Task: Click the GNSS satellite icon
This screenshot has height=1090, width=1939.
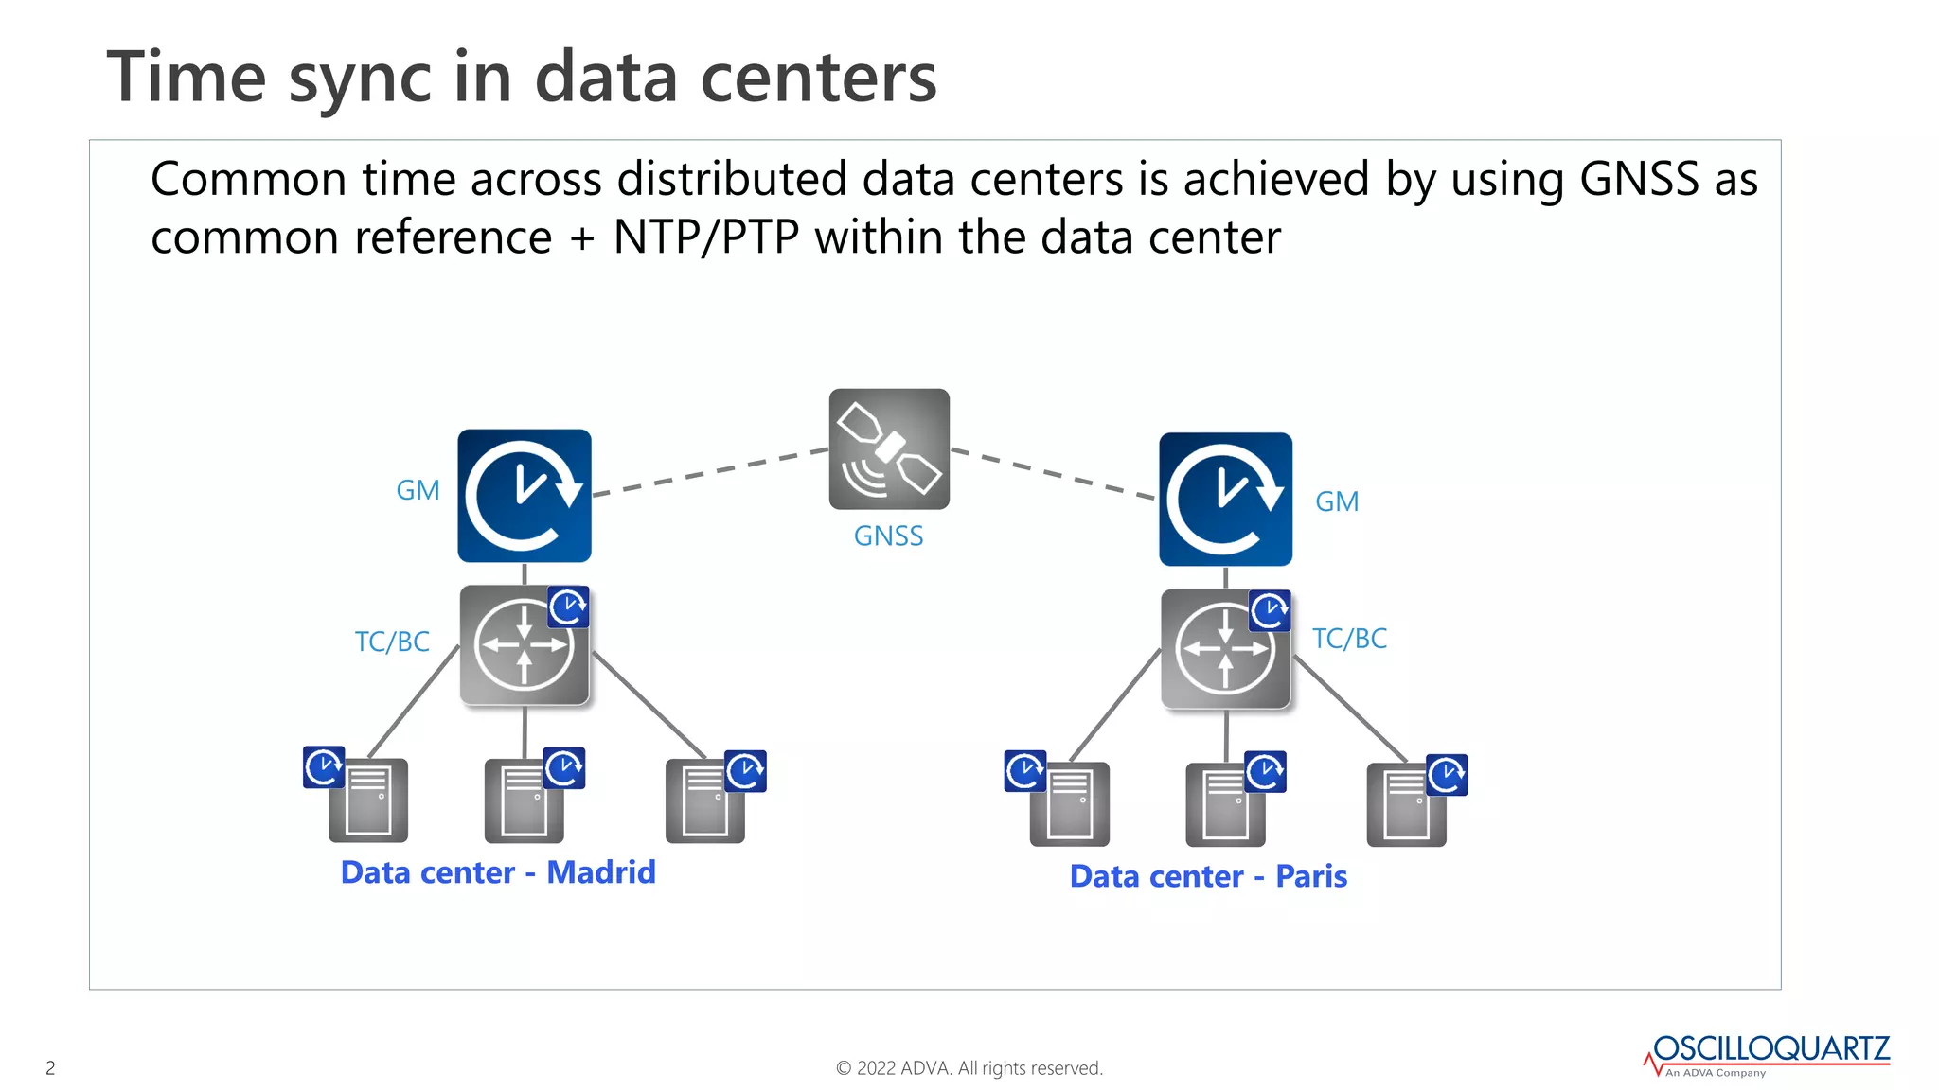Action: pos(889,448)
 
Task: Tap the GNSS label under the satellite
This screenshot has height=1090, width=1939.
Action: pos(888,536)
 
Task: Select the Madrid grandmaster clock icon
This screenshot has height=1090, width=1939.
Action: pos(525,496)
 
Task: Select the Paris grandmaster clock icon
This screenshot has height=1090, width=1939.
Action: pos(1225,500)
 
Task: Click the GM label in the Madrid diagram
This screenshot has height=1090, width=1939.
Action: pos(418,490)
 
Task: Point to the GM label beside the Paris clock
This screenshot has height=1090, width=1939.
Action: pos(1337,501)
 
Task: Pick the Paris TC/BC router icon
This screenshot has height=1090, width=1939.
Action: pos(1225,649)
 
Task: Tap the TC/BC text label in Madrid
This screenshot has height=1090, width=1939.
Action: pos(392,642)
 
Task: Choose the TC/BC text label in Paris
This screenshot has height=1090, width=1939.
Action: pos(1349,639)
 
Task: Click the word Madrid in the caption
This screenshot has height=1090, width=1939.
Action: pos(601,871)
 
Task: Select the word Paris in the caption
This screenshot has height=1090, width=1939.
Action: pos(1311,876)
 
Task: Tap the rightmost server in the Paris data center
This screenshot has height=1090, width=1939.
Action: pos(1406,804)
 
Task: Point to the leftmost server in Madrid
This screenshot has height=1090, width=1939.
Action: pos(368,800)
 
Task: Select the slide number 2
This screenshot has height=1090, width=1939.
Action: pos(50,1068)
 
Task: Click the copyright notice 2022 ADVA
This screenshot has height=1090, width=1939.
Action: pos(969,1068)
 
